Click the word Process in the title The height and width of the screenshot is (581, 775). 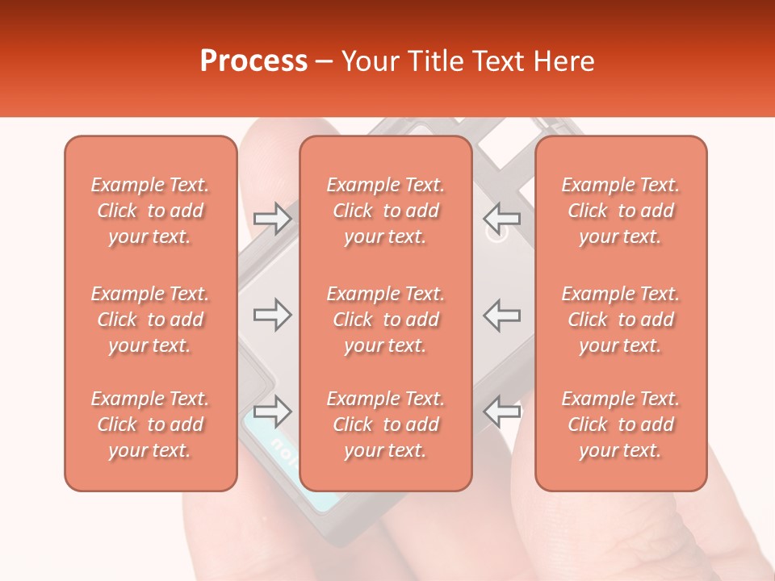(253, 61)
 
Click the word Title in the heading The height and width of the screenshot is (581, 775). (436, 61)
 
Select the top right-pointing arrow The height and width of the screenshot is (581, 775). (273, 219)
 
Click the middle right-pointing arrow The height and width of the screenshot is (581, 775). (273, 315)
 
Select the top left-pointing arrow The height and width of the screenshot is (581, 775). (502, 219)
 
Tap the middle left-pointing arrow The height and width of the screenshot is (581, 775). (502, 315)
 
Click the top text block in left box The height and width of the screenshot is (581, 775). (150, 211)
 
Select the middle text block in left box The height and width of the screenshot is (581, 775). (150, 320)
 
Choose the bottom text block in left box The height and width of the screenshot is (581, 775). (150, 424)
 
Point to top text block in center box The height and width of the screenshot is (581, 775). (385, 211)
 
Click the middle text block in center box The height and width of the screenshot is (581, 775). (385, 320)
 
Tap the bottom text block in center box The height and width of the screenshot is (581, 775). (385, 424)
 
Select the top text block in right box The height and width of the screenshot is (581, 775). (620, 211)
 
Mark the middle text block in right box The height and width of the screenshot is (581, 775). (620, 320)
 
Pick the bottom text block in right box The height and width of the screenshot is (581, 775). (620, 424)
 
